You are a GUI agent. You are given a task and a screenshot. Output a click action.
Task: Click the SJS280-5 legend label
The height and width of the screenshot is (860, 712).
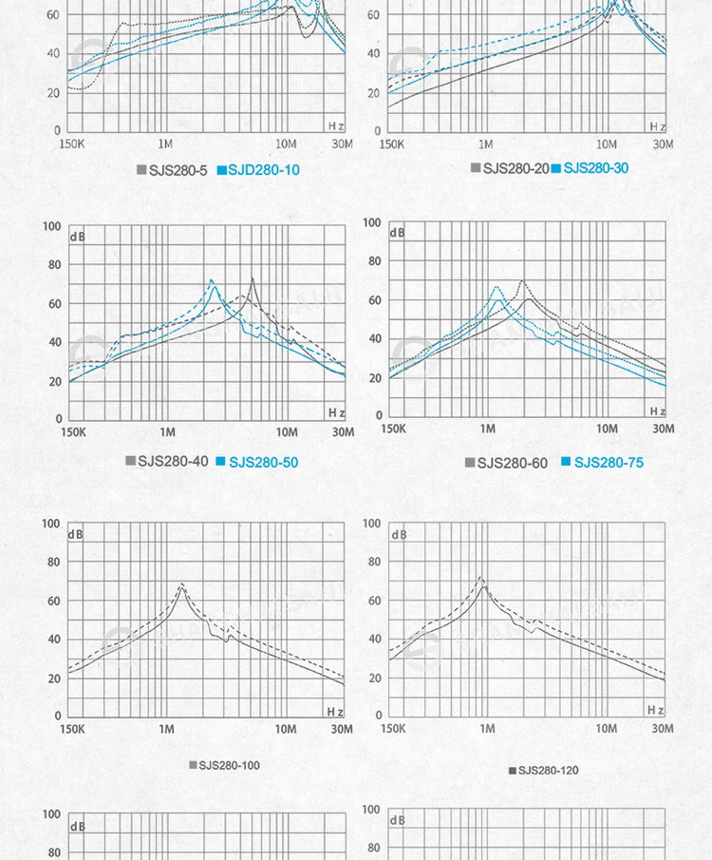178,170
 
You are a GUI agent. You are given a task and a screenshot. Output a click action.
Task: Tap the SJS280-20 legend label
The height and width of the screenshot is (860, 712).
515,168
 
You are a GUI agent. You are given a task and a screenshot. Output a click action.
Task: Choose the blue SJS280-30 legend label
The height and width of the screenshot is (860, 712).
595,168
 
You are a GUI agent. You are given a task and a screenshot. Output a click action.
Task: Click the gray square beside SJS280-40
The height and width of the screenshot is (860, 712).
131,461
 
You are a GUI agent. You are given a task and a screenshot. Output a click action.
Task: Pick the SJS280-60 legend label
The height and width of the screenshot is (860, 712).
512,463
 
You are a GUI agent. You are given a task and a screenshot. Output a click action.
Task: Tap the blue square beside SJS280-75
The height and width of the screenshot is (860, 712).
566,462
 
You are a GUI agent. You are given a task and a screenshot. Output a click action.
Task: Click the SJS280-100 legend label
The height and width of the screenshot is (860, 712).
229,765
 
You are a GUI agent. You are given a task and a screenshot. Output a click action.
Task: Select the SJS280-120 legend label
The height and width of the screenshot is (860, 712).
548,770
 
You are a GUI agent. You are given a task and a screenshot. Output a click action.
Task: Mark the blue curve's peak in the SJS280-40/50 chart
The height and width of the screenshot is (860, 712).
212,280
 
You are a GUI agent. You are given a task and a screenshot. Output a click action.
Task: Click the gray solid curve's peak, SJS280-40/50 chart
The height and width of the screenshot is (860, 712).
253,278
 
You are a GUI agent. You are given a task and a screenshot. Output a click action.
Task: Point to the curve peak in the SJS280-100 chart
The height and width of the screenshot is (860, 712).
182,585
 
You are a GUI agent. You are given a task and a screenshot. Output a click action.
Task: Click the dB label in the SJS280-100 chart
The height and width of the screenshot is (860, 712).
76,535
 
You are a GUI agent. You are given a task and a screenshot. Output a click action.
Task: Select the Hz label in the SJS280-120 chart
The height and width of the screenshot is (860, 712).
655,710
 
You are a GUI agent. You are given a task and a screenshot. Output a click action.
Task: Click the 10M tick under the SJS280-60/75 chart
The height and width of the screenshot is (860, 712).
607,429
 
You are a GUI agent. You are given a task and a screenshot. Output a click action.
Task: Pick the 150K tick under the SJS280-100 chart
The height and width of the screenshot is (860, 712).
72,729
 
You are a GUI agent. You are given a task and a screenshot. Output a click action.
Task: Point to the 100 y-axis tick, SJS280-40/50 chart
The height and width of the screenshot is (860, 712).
50,227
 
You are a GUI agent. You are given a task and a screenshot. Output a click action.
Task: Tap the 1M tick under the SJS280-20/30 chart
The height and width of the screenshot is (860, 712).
485,143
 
